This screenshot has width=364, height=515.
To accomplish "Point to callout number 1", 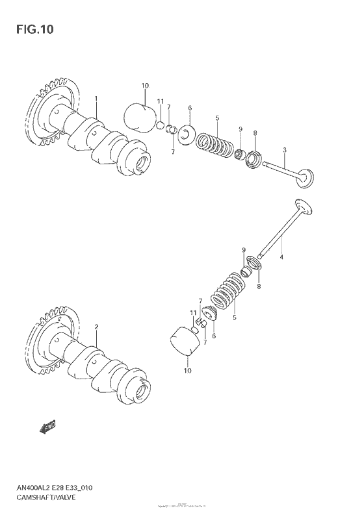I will (x=96, y=99).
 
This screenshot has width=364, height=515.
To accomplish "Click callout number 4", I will (x=282, y=258).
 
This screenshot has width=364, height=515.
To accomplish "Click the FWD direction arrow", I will (x=47, y=427).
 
